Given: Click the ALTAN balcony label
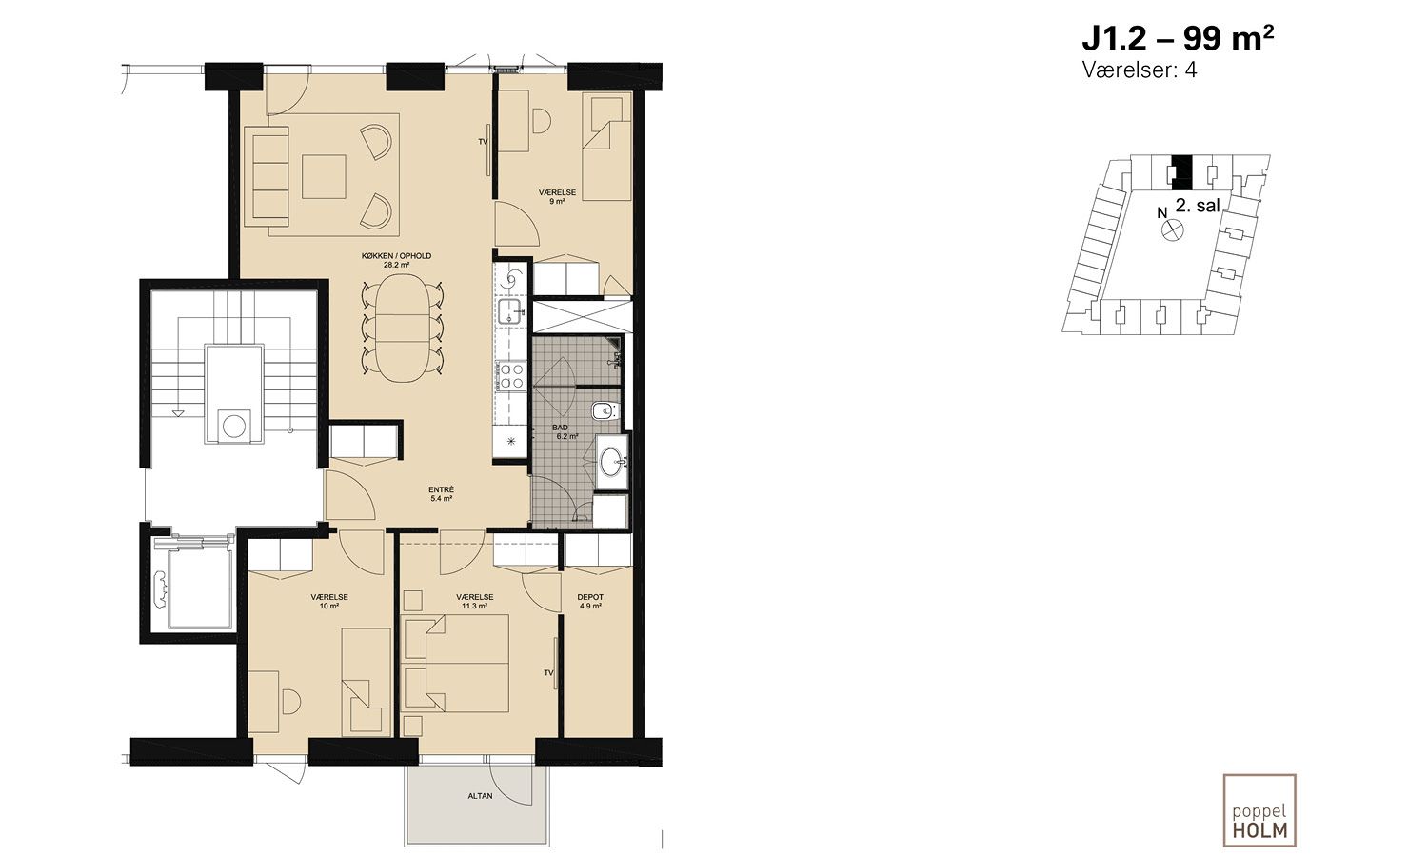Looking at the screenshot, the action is pos(480,796).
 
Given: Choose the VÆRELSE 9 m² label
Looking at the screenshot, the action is pos(557,196).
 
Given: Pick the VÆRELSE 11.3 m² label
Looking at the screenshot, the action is pos(475,601).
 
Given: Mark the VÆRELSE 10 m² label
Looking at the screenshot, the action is pos(329,601).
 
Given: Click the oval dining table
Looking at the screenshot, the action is pos(402,329).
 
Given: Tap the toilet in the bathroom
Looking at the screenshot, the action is pos(605,411).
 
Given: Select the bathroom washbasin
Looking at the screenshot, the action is pos(613,460).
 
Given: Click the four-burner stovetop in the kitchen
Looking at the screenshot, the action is pos(511,375).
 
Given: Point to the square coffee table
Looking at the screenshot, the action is pos(324,176).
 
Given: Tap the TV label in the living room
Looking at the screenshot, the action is pos(484,142).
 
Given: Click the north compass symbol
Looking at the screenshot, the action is pos(1172,229).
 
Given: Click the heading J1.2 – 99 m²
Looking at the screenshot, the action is pos(1179,39).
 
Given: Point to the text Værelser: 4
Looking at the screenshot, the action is pos(1140,70).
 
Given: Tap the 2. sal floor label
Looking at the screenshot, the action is pos(1198,206).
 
